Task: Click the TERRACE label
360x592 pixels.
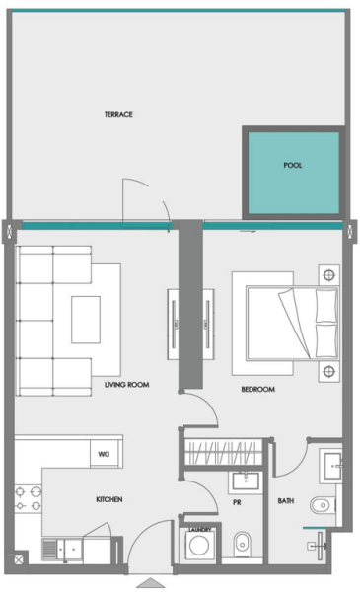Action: point(118,115)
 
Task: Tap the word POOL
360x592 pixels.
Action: point(293,166)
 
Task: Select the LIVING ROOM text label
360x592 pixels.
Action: point(126,384)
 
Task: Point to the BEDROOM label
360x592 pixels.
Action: point(257,389)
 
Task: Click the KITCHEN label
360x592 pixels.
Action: point(108,500)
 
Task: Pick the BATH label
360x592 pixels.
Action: point(286,501)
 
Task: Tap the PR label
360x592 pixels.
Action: point(237,501)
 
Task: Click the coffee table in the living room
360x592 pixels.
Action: point(84,320)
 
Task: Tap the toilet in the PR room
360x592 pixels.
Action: point(242,543)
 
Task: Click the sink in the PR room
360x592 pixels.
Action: point(243,481)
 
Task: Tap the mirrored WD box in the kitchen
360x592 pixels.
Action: point(103,455)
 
